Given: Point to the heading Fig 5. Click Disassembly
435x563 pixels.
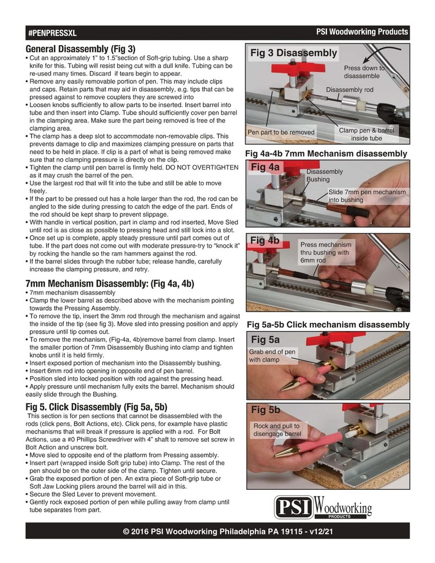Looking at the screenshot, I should [x=96, y=406].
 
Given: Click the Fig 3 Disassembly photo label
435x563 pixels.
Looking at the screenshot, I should [x=293, y=53].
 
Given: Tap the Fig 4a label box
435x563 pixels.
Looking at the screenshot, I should [x=265, y=167].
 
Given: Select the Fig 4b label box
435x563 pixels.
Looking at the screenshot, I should [x=266, y=240].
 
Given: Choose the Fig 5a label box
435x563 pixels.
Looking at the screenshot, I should [x=265, y=339].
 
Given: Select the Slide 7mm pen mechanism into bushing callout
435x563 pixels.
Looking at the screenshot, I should [x=366, y=196].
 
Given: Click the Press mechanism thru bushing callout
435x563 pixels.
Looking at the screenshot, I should [x=325, y=253].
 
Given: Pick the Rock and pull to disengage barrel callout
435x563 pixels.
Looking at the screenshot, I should [x=277, y=430].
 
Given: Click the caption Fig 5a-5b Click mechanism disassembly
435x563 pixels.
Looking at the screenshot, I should [x=328, y=325].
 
